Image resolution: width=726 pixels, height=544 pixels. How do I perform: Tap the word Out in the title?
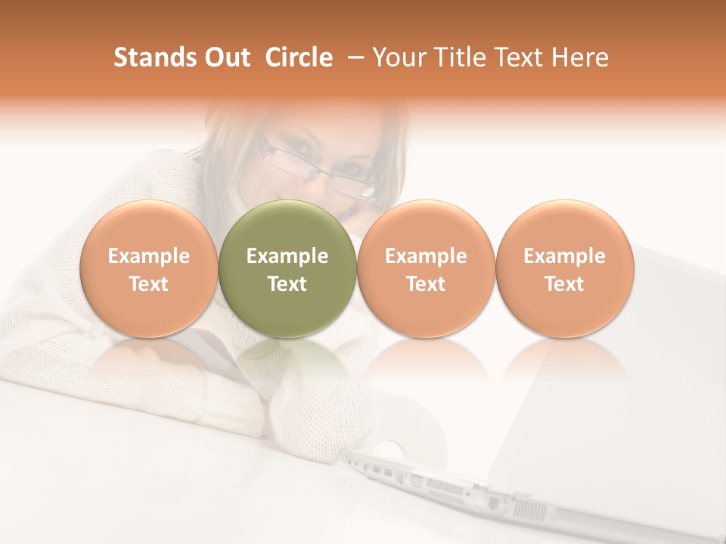tap(226, 57)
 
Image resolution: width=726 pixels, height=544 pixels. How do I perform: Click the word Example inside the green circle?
tap(287, 256)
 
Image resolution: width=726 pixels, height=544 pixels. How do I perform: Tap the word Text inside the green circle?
tap(287, 284)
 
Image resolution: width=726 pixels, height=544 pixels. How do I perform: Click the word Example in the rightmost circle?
tap(564, 256)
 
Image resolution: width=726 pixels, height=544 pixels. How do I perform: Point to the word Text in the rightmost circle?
tap(564, 284)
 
